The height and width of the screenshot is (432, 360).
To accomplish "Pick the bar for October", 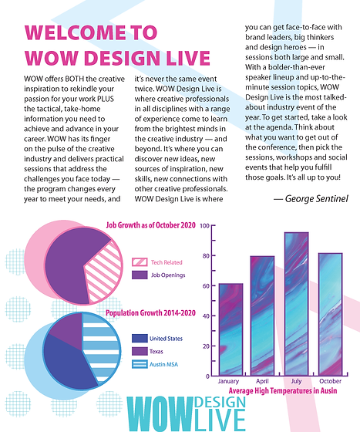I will click(330, 313).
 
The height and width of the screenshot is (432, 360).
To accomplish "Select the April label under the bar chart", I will click(261, 382).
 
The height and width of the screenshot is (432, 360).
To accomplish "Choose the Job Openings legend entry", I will click(167, 275).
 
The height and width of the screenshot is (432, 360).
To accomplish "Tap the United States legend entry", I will click(166, 338).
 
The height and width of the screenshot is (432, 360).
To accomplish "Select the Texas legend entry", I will click(156, 351).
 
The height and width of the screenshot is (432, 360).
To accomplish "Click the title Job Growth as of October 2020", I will click(151, 226).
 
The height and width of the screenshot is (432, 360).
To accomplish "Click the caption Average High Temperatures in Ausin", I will click(284, 392).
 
